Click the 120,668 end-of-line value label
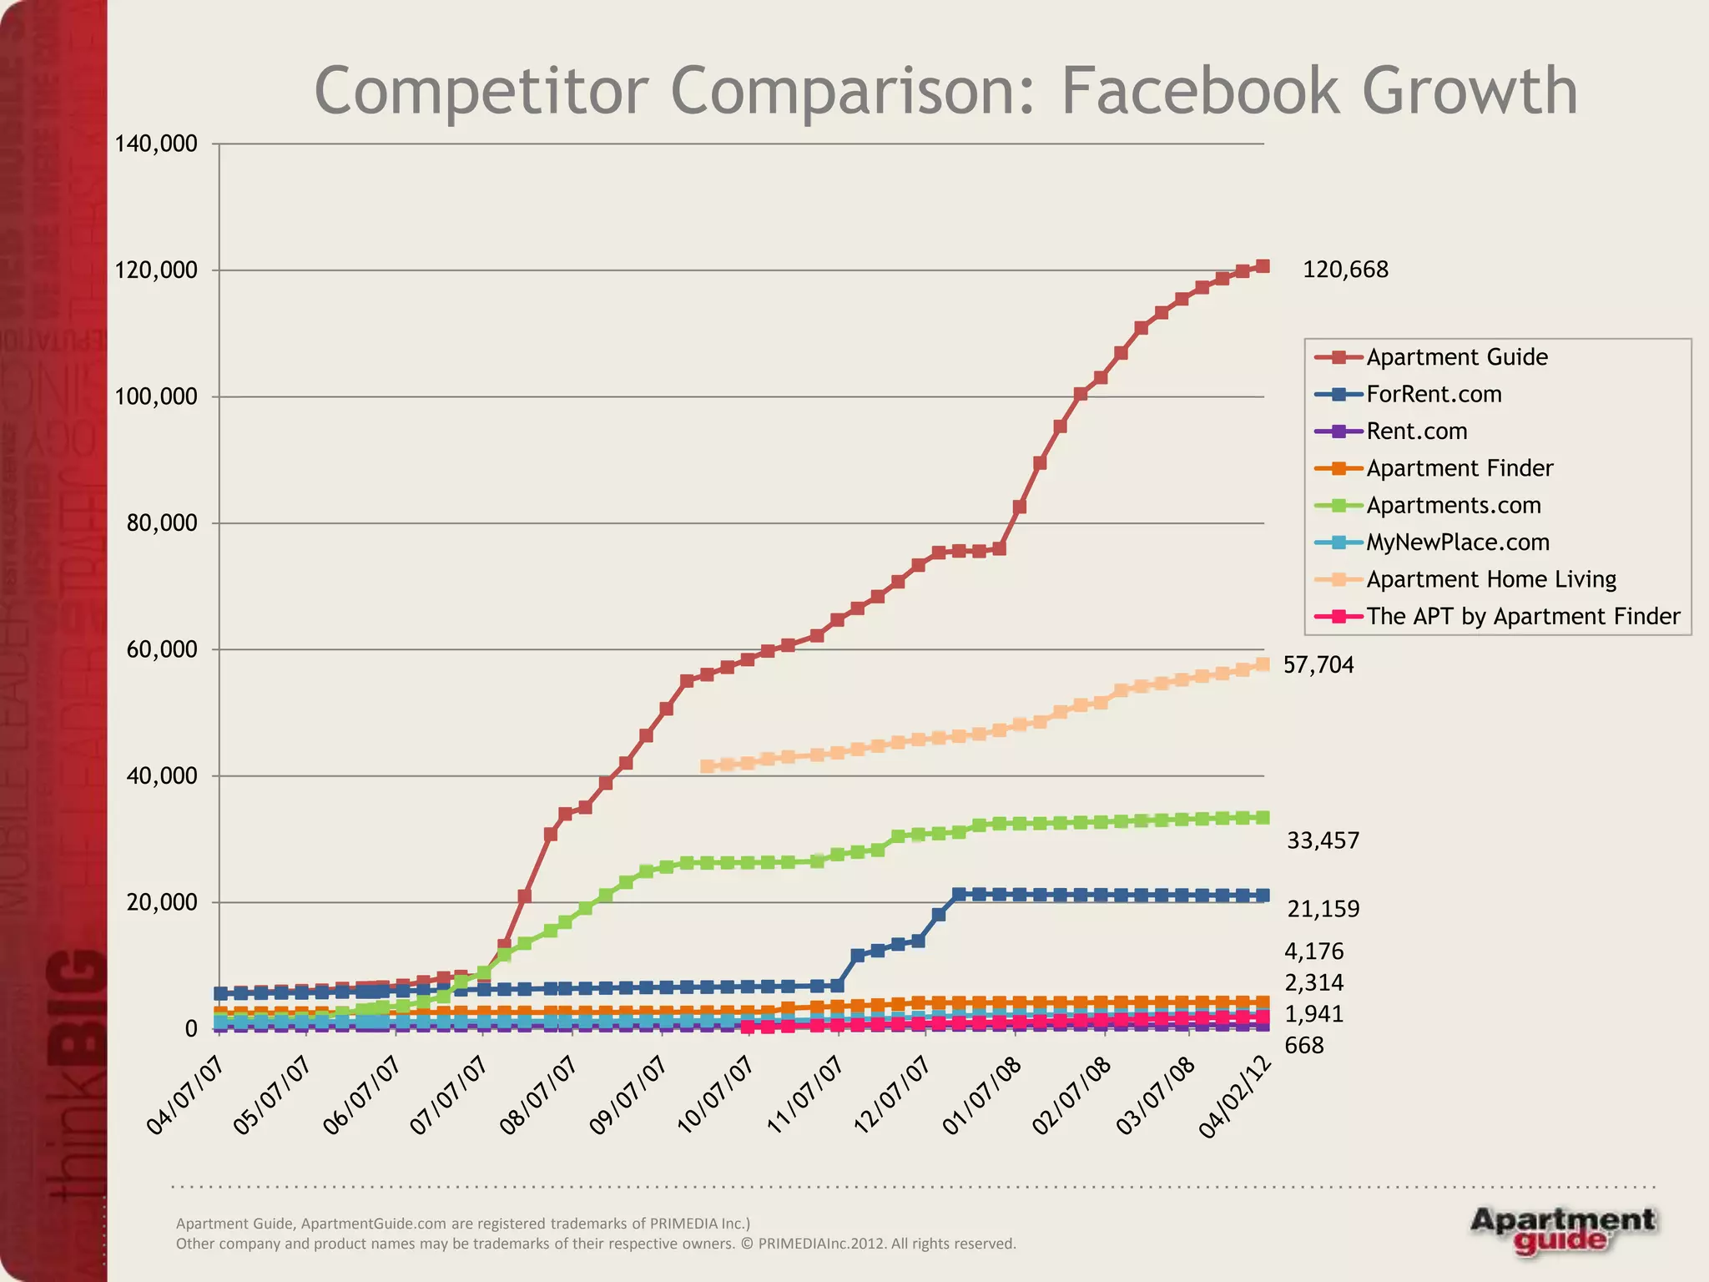(1345, 270)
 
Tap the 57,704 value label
(1318, 664)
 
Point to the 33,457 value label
(1323, 840)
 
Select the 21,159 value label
(1323, 909)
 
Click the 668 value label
(1303, 1046)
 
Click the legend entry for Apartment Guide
(1456, 357)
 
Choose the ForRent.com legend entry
(1433, 394)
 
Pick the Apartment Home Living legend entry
(1490, 579)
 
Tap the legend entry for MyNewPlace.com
(1457, 543)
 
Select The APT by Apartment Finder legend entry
(1522, 616)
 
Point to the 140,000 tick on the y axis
(156, 144)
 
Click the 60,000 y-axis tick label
(162, 649)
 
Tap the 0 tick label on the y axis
(191, 1029)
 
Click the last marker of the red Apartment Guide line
(1263, 266)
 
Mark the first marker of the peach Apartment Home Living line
(707, 765)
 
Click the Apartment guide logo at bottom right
(1562, 1230)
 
